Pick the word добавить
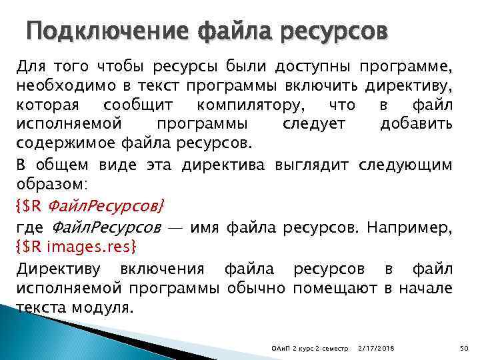[417, 124]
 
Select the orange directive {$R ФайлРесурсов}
[90, 203]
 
